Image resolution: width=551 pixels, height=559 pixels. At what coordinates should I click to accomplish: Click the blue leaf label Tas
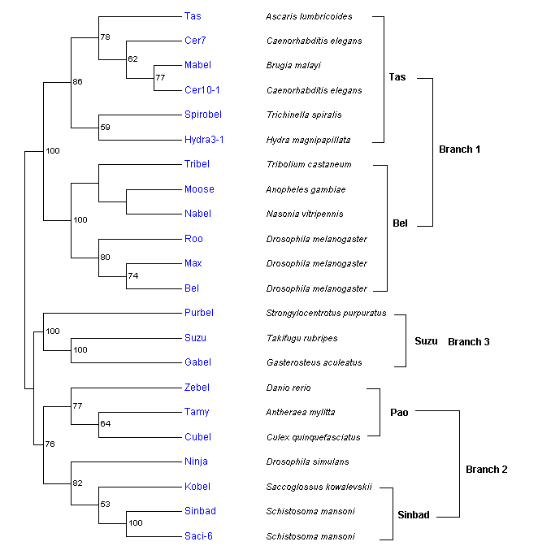[x=193, y=15]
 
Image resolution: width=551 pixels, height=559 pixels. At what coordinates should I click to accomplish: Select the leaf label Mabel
[x=197, y=65]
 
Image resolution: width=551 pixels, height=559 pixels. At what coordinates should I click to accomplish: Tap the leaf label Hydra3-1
[x=204, y=140]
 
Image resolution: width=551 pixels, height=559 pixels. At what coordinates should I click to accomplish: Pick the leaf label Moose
[x=199, y=189]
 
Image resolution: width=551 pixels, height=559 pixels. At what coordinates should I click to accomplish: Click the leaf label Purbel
[x=199, y=313]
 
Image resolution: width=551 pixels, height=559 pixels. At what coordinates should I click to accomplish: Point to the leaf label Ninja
[x=196, y=461]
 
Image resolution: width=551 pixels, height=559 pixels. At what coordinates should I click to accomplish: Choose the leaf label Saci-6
[x=199, y=536]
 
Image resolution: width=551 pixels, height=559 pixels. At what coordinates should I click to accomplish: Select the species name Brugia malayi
[x=293, y=65]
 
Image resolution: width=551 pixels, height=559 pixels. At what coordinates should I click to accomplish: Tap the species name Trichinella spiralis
[x=304, y=115]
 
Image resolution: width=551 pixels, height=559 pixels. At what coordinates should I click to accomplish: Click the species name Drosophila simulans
[x=307, y=462]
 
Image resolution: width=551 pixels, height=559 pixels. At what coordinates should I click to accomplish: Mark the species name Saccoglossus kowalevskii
[x=319, y=487]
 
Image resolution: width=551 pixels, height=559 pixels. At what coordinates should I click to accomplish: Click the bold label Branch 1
[x=460, y=149]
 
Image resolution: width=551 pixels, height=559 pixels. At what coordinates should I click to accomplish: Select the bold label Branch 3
[x=469, y=342]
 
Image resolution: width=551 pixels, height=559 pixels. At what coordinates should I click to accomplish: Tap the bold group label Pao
[x=399, y=412]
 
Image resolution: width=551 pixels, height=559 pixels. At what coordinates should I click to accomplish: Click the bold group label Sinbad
[x=414, y=515]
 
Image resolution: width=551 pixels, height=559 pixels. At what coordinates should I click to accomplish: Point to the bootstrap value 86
[x=78, y=81]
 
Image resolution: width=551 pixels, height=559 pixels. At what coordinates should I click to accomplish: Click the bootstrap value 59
[x=105, y=128]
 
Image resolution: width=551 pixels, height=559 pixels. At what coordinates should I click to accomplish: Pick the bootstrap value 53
[x=105, y=505]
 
